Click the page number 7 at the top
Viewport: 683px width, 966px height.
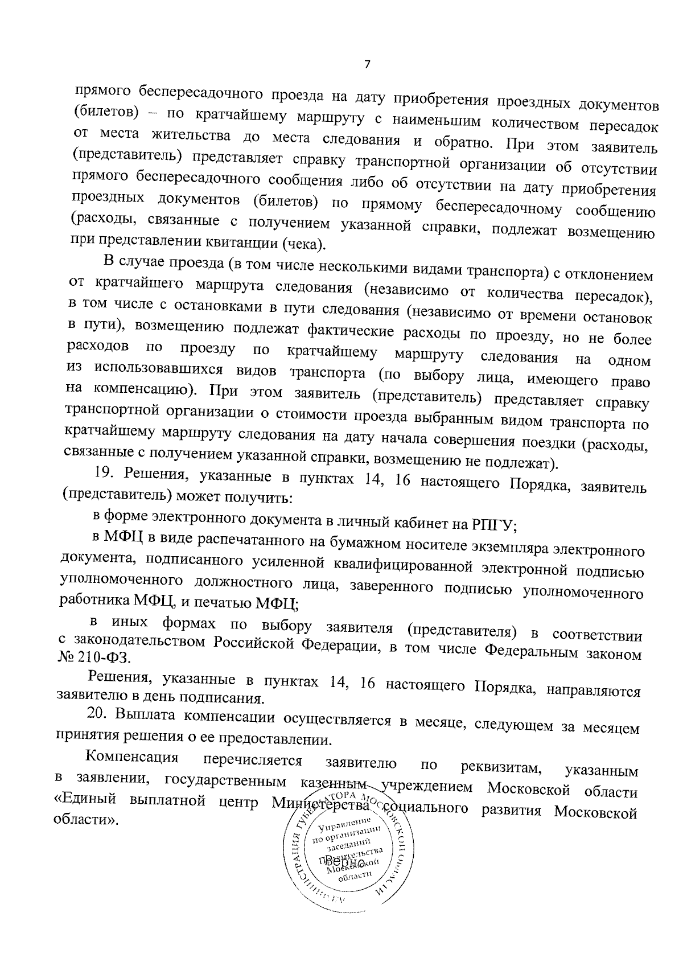point(367,64)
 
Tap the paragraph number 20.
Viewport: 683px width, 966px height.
point(96,714)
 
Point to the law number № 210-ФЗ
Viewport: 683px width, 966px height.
point(94,657)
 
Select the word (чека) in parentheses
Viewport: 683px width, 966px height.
point(303,244)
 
